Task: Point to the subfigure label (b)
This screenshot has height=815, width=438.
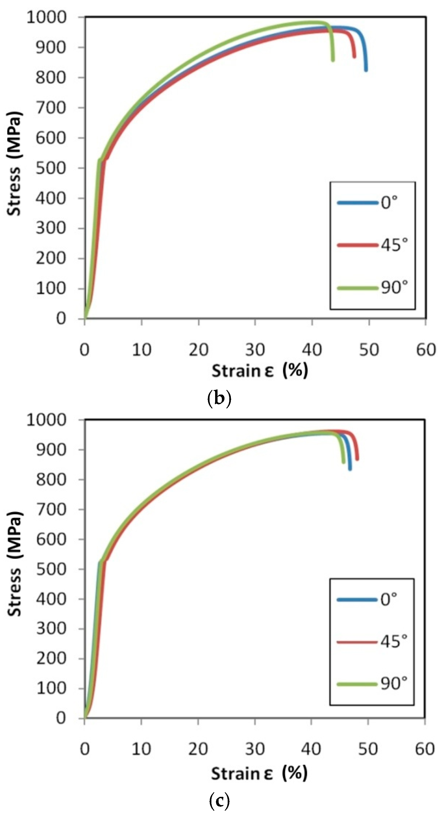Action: coord(219,399)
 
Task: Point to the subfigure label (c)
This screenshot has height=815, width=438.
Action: coord(219,801)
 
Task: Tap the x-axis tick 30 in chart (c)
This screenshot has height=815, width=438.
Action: coord(255,749)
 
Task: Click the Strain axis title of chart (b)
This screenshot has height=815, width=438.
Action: coord(259,370)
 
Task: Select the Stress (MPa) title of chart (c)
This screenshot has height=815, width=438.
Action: coord(14,563)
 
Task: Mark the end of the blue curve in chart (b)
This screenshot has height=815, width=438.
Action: coord(366,70)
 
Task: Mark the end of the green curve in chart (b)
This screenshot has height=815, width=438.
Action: coord(333,60)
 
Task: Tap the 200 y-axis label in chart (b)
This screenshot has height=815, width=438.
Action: coord(51,258)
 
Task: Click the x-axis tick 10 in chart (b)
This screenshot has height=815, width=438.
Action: coord(141,350)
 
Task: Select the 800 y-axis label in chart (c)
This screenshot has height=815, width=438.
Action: coord(51,480)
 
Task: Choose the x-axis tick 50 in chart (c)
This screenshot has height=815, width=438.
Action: coord(368,749)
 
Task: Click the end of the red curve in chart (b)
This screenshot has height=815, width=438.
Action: coord(354,56)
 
